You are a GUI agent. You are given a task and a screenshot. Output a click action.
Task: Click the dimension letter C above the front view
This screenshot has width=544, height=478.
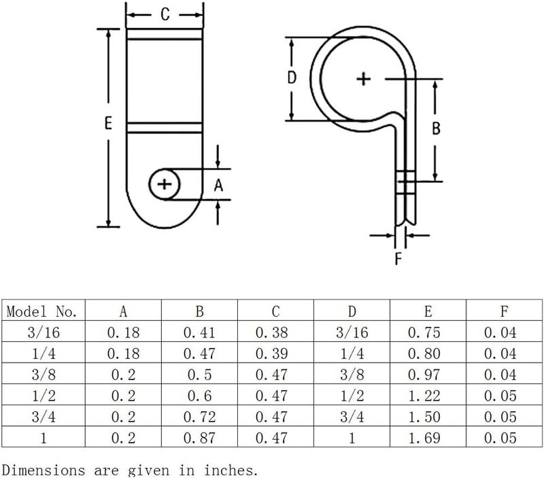(x=165, y=14)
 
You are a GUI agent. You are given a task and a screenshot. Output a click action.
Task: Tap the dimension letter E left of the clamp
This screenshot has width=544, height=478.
(x=108, y=123)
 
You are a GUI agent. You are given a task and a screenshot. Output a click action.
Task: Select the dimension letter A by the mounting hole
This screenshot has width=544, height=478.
(x=218, y=185)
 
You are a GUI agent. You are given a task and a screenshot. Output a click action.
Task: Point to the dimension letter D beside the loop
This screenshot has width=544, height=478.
(x=292, y=78)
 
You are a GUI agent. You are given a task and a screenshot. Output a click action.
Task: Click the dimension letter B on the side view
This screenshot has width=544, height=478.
(x=436, y=129)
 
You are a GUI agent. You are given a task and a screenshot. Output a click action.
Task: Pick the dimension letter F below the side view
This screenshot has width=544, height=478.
(x=398, y=258)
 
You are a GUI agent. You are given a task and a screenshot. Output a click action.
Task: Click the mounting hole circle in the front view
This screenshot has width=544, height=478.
(x=165, y=184)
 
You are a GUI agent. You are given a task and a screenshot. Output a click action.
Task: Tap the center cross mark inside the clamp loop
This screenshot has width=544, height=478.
(x=364, y=79)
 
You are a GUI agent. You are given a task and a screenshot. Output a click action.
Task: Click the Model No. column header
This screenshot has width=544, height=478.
(x=41, y=311)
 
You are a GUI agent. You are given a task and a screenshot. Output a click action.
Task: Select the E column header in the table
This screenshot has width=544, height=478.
(x=428, y=311)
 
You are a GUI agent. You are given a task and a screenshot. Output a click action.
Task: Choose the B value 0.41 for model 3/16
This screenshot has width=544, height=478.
(x=199, y=332)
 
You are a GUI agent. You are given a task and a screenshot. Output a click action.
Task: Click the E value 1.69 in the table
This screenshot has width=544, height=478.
(x=424, y=438)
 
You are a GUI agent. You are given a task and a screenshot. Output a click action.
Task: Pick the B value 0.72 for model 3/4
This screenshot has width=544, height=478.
(x=199, y=417)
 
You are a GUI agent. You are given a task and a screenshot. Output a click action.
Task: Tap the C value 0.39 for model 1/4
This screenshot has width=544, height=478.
(x=271, y=354)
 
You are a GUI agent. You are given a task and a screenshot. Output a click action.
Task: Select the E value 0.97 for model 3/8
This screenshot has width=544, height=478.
(x=424, y=375)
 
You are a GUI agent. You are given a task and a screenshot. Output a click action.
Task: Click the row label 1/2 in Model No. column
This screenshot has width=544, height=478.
(x=44, y=396)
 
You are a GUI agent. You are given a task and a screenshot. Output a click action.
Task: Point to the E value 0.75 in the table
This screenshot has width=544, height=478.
(x=424, y=332)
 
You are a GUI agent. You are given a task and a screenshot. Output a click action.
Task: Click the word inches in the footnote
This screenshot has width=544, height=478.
(x=231, y=471)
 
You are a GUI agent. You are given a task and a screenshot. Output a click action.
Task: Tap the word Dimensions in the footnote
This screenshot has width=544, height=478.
(x=44, y=471)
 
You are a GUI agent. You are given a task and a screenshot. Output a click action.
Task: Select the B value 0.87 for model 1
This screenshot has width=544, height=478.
(x=199, y=438)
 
